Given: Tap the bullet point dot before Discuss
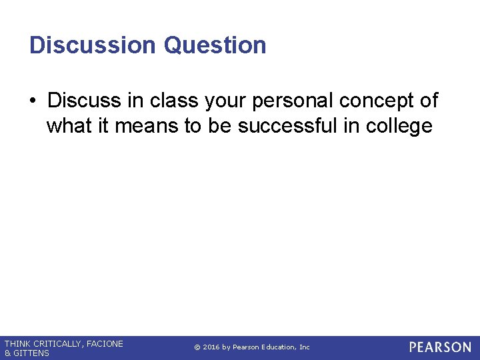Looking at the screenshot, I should [33, 101].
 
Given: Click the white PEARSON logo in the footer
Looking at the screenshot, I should [440, 347].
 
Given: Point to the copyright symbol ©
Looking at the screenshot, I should [197, 347].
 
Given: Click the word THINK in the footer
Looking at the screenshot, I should [18, 343].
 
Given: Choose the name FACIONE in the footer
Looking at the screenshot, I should [105, 343].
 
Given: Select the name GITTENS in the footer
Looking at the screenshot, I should [31, 353].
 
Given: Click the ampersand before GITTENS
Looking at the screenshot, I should [7, 353].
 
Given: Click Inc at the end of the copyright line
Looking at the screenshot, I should [304, 347].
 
